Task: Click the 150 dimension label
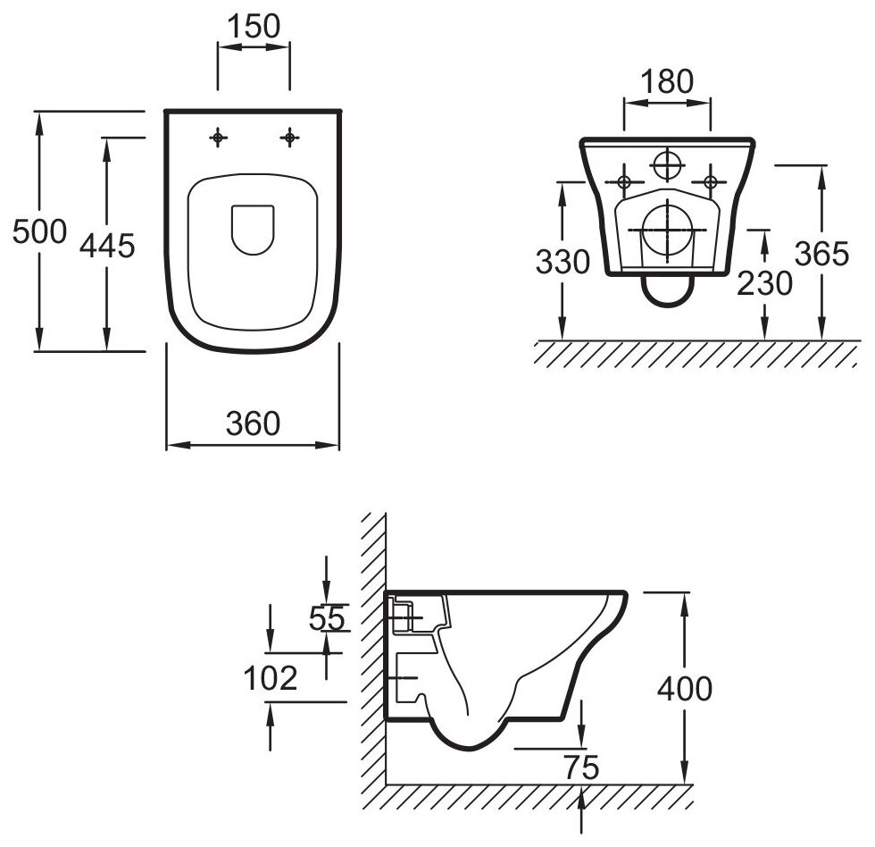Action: tap(254, 26)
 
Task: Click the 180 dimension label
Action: tap(667, 81)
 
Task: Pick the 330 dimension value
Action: tap(562, 262)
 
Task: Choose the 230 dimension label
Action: tap(764, 283)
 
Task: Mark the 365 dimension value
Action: tap(821, 255)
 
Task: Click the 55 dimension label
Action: tap(327, 617)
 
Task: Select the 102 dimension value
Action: tap(270, 678)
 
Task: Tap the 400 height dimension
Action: tap(684, 688)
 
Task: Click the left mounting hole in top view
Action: tap(218, 138)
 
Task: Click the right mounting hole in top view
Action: tap(289, 138)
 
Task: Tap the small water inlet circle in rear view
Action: tap(667, 165)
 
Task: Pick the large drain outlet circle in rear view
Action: tap(667, 230)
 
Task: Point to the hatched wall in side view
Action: tap(372, 652)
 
